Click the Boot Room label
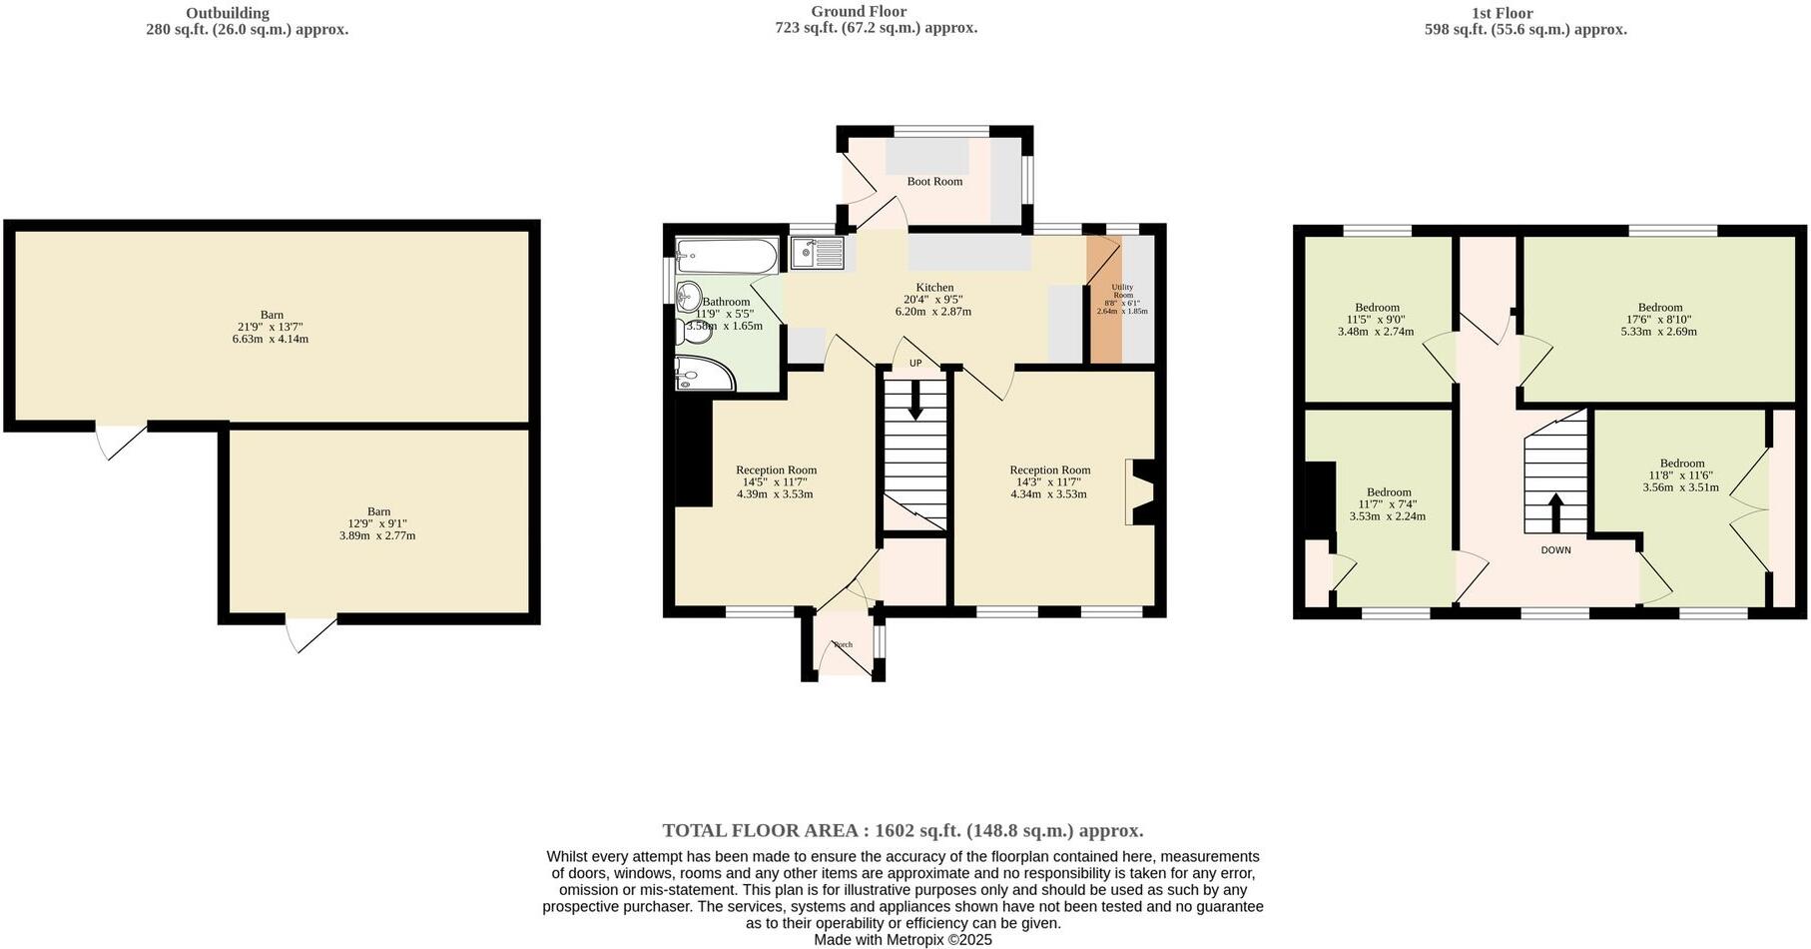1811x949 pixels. tap(934, 182)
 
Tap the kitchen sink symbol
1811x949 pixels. tap(817, 253)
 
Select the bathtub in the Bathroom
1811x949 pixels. tap(726, 256)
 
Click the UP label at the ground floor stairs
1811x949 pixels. tap(914, 363)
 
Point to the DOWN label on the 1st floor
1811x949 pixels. tap(1555, 550)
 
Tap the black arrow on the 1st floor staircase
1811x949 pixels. tap(1555, 512)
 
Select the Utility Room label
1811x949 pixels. tap(1123, 291)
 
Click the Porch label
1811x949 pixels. tap(844, 645)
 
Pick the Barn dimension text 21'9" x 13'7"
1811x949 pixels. tap(271, 327)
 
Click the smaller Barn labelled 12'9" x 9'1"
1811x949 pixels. tap(377, 523)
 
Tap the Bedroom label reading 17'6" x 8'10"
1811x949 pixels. tap(1659, 320)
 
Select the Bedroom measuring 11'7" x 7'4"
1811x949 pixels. tap(1388, 504)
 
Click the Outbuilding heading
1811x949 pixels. tap(228, 13)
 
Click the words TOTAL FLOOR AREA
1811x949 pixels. tap(763, 830)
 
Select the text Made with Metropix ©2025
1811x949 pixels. tap(903, 940)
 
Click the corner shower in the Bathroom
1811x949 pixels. tap(701, 374)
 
